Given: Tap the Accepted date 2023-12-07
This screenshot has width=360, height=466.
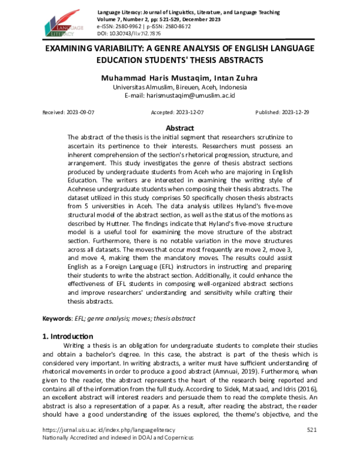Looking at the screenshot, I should click(x=178, y=112).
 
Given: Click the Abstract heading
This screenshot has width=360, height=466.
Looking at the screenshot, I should click(x=179, y=128).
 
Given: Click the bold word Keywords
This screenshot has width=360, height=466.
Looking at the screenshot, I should click(x=58, y=318).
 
